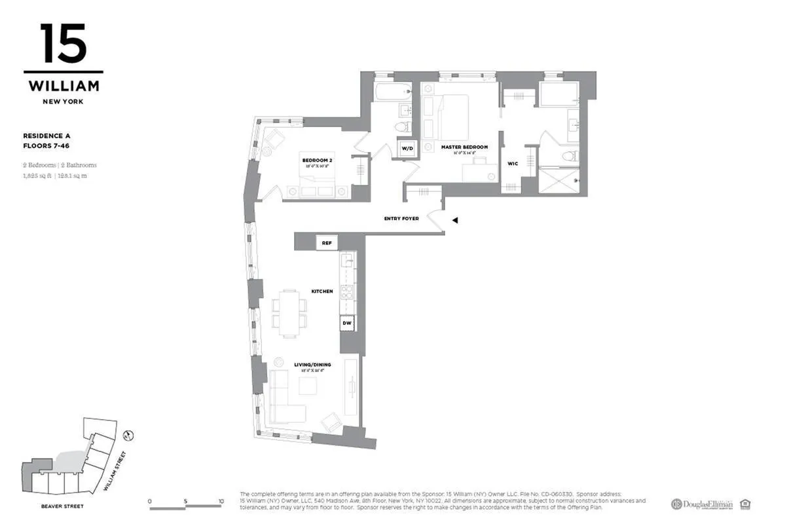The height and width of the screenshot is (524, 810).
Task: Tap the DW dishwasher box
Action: [x=347, y=323]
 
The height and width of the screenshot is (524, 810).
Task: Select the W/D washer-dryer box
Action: [x=407, y=149]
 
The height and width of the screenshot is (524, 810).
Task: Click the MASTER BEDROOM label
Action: [x=464, y=147]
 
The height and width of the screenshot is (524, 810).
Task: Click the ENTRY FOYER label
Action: [x=401, y=219]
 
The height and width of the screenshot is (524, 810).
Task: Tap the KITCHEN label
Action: [x=322, y=291]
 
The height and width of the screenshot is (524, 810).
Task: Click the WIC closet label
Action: [x=513, y=164]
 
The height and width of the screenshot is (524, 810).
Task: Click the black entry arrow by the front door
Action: [x=454, y=221]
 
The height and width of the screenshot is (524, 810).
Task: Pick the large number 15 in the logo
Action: [x=63, y=45]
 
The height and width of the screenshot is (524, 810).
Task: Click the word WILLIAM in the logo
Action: [x=64, y=86]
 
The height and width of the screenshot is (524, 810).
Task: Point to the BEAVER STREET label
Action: [x=63, y=506]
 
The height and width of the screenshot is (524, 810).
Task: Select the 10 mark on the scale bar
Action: [x=221, y=502]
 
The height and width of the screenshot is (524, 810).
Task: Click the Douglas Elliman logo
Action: [x=701, y=504]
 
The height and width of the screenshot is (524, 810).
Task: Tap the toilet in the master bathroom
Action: [x=570, y=156]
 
